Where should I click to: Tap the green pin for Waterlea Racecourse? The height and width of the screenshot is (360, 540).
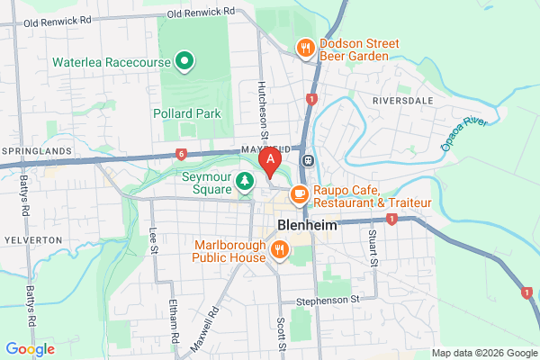point(184,61)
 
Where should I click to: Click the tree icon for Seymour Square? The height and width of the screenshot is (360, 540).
point(244,183)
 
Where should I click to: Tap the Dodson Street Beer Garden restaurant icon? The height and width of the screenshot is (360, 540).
point(305,48)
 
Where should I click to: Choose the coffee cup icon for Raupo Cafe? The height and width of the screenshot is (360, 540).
point(300,193)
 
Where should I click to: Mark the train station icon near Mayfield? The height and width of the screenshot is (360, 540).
point(308,160)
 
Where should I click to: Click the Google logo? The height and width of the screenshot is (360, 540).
point(30,348)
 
